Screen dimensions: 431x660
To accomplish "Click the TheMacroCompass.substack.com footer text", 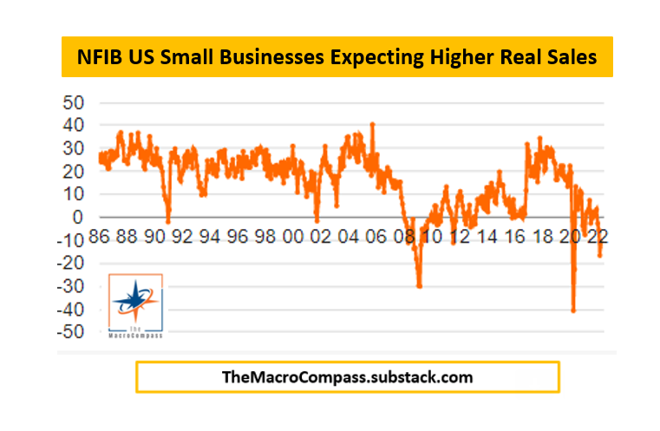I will click(348, 377).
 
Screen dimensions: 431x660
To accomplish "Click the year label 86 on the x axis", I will click(99, 236).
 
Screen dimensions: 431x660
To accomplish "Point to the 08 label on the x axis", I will click(404, 236).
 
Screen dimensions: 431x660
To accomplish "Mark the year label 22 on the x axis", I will click(598, 236).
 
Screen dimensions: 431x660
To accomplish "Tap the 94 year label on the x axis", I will click(210, 236).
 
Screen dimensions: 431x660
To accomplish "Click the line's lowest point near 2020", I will click(573, 310).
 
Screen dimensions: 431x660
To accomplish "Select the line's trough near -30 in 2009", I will click(419, 286).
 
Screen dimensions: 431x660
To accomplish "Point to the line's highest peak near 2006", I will click(373, 123).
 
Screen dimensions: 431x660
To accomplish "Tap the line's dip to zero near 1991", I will click(168, 220).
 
